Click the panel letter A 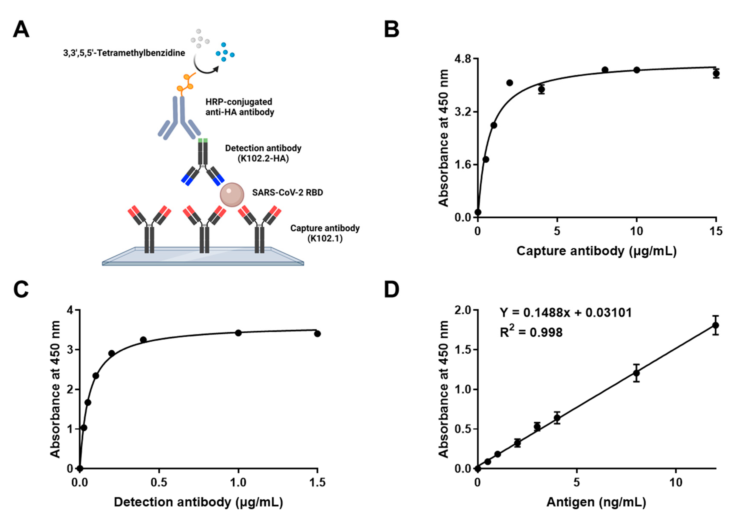click(21, 30)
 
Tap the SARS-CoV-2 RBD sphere click(232, 194)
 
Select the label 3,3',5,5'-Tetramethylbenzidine click(124, 53)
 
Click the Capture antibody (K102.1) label click(325, 233)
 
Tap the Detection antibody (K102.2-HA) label click(263, 153)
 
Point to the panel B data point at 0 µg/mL click(478, 212)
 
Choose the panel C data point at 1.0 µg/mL click(238, 333)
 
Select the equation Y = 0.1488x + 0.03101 click(566, 313)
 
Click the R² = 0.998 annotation click(531, 332)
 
